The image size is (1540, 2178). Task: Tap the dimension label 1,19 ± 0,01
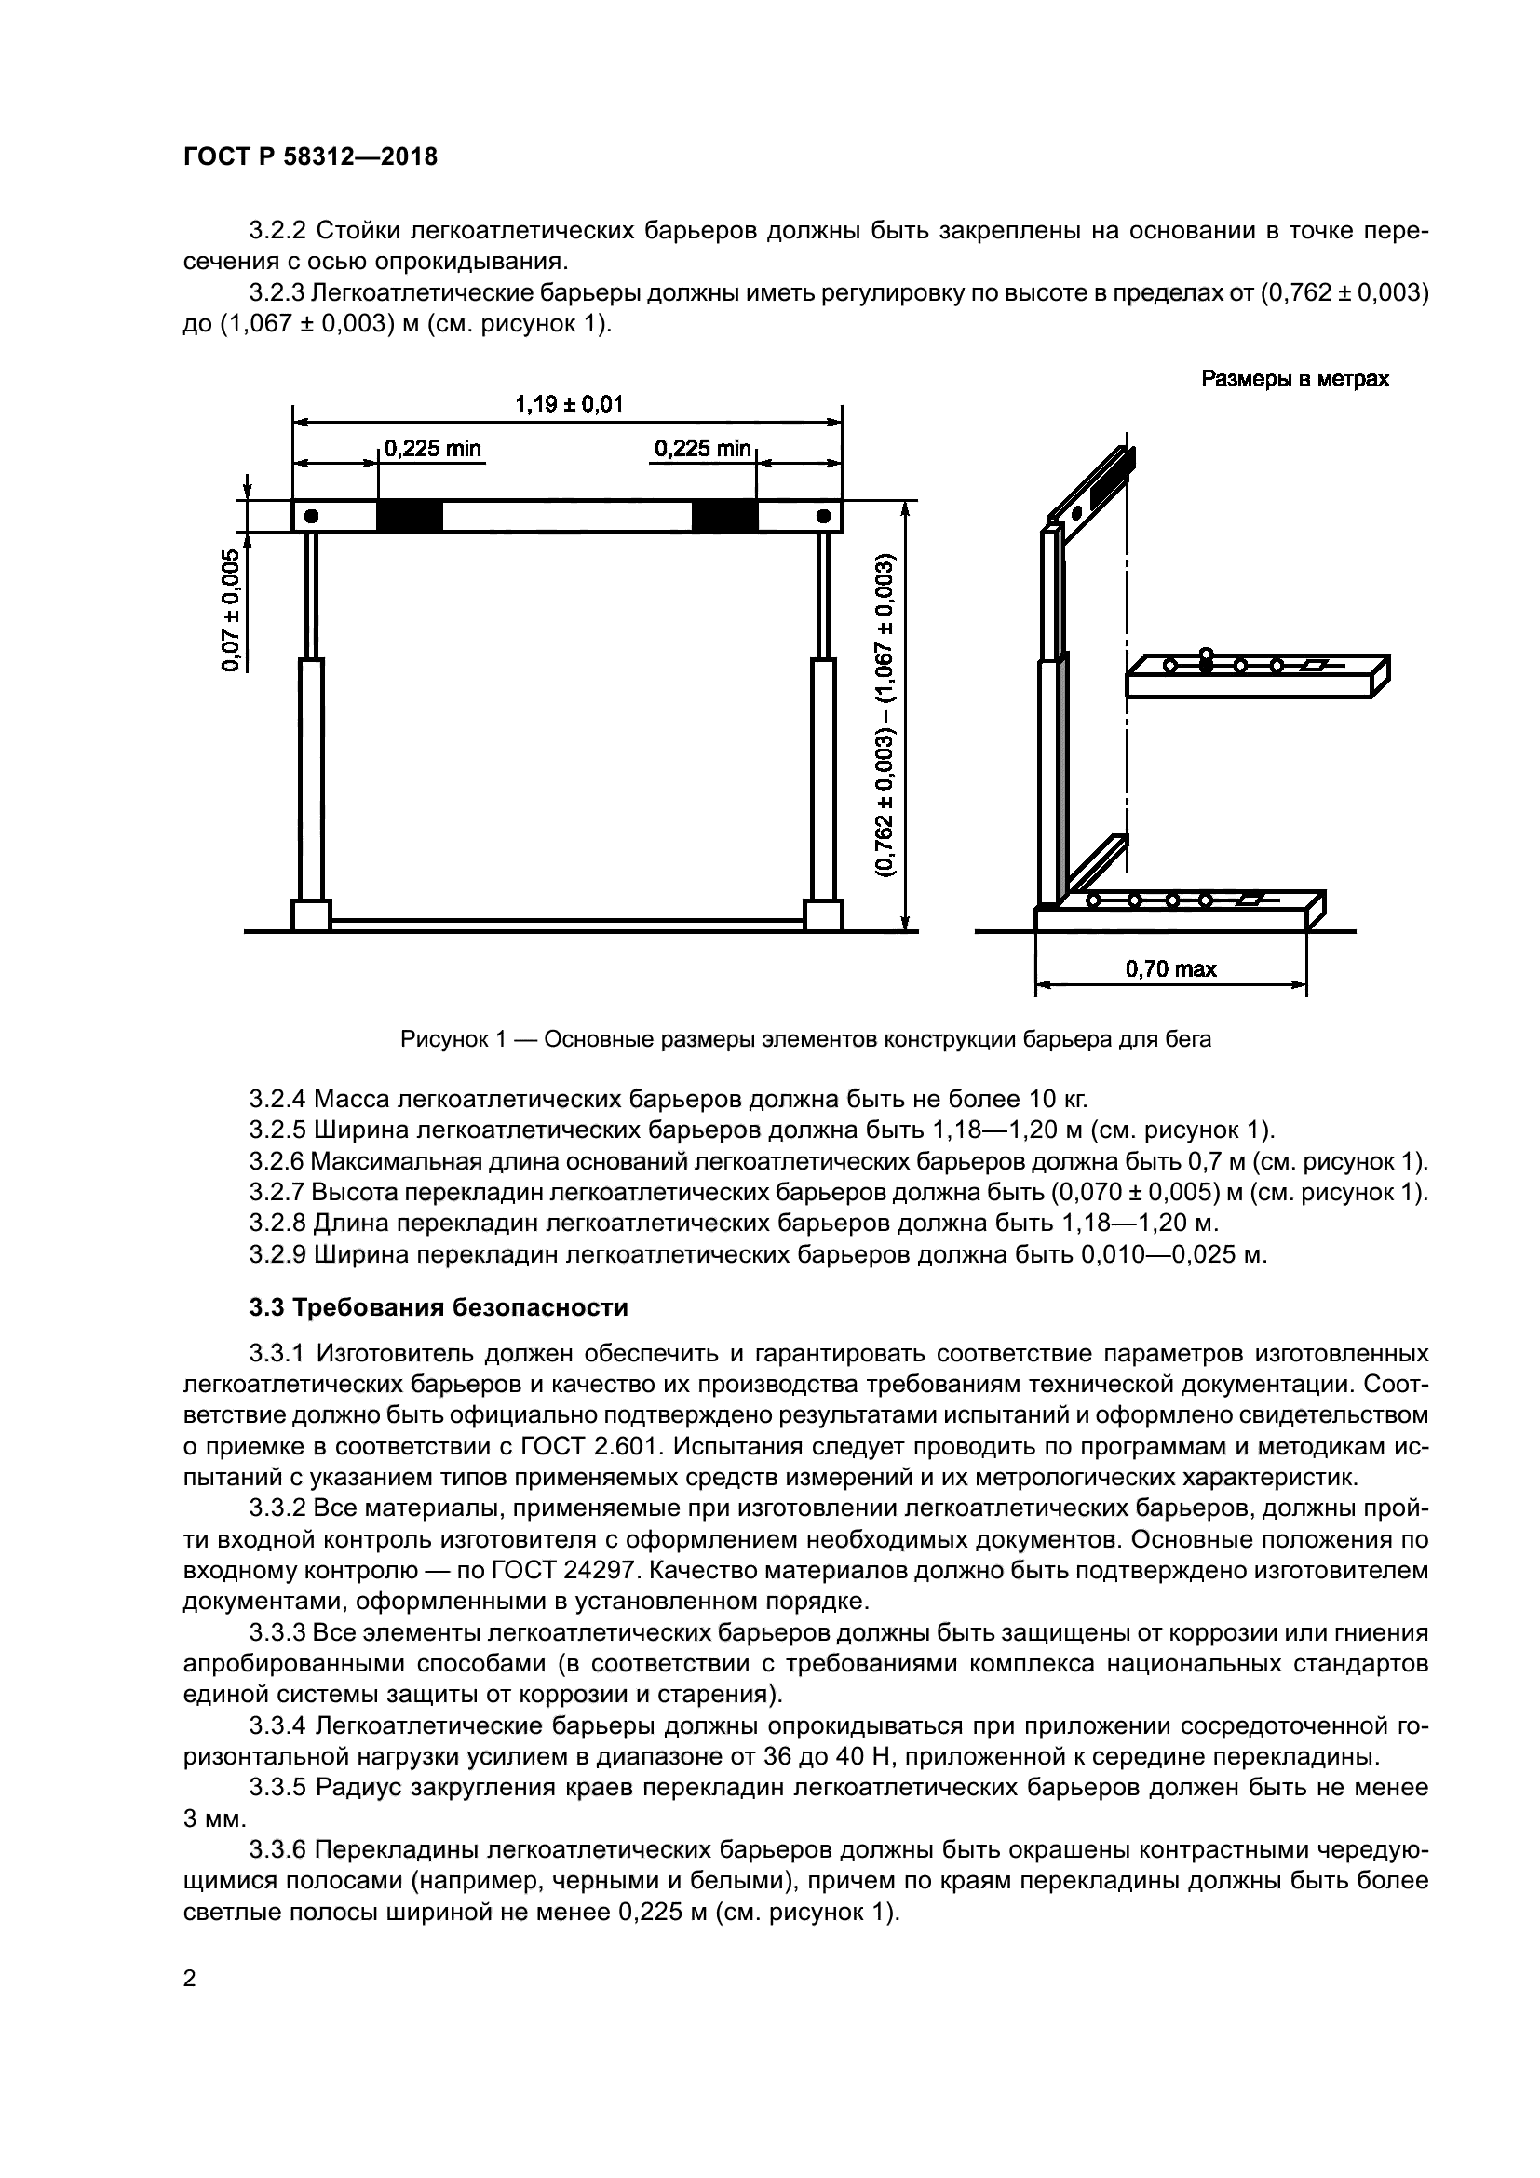[x=568, y=404]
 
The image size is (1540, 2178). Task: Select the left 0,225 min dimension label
[x=432, y=449]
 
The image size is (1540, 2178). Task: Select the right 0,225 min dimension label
[x=703, y=449]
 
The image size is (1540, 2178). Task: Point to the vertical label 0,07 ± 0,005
[x=230, y=610]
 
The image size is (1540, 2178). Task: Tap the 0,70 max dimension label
[x=1170, y=968]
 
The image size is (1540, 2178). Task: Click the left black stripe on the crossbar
[x=410, y=517]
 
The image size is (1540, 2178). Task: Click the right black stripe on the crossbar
[x=724, y=517]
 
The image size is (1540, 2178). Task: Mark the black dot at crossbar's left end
[x=310, y=517]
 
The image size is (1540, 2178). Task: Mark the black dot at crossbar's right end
[x=823, y=517]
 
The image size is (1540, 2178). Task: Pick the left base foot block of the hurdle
[x=310, y=915]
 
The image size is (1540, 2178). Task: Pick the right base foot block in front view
[x=823, y=915]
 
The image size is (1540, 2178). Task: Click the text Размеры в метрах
[x=1294, y=379]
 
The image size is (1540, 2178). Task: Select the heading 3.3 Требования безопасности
[x=439, y=1307]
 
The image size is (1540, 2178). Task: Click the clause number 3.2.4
[x=277, y=1100]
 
